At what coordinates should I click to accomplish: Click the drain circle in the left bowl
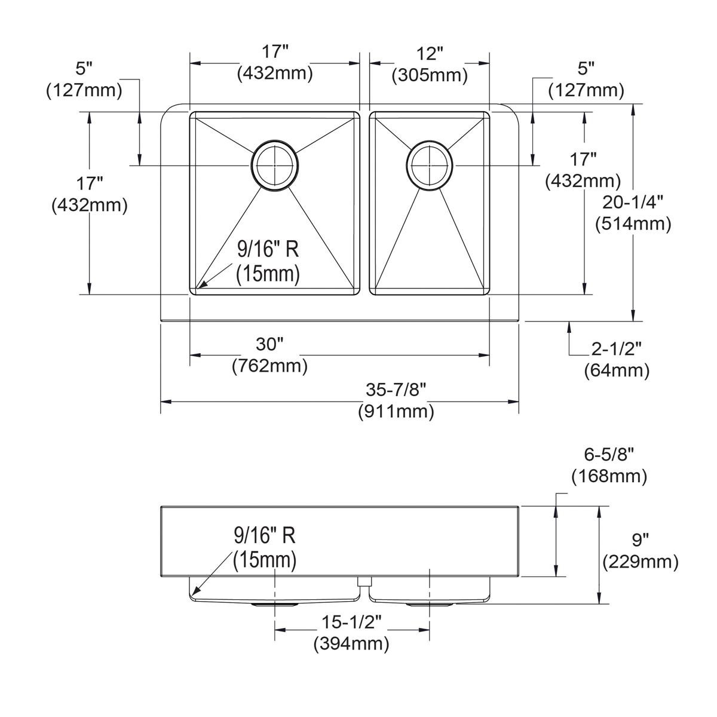point(274,166)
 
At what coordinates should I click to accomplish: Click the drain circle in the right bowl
point(430,165)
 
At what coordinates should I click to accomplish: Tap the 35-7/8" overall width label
point(396,390)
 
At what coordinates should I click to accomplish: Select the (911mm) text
point(396,411)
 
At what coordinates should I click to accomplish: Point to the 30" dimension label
point(269,344)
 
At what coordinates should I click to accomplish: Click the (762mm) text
point(269,365)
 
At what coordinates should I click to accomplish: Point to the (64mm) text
point(616,370)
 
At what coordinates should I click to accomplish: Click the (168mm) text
point(609,476)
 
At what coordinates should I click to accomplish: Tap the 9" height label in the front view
point(640,540)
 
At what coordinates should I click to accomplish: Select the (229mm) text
point(640,562)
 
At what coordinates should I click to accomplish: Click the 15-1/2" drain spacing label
point(351,622)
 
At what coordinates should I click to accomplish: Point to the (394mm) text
point(351,644)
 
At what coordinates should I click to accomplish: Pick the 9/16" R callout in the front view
point(264,536)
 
